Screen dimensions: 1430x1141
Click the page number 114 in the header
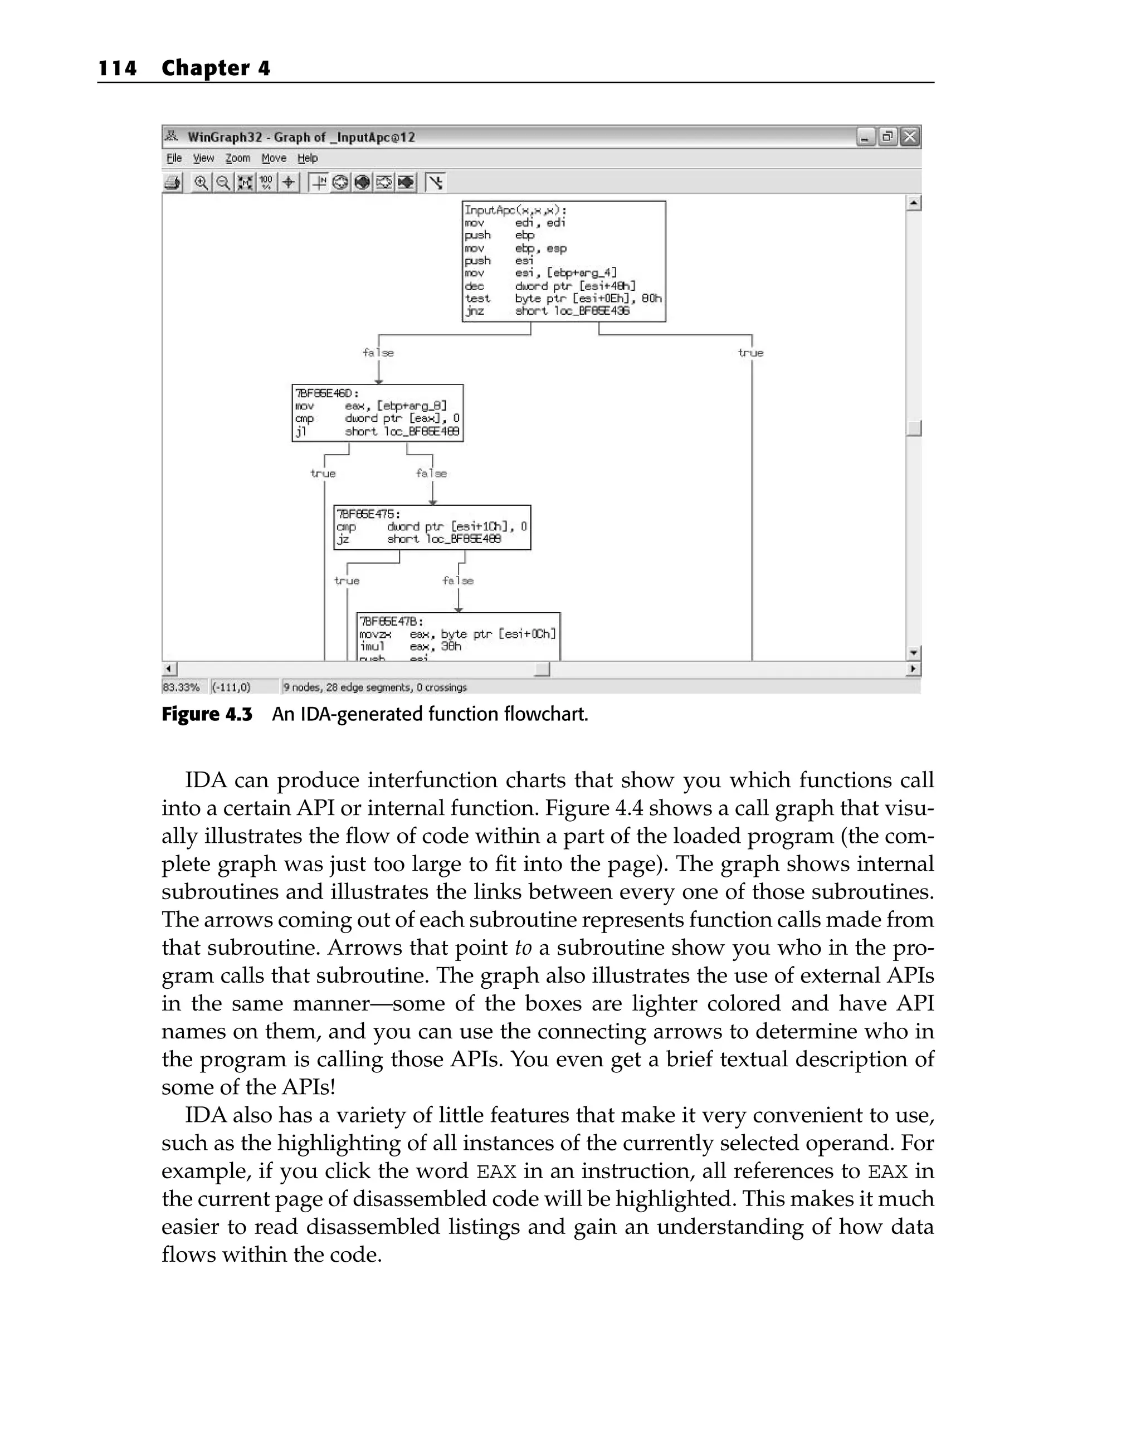click(118, 69)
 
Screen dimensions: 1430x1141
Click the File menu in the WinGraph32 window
click(174, 158)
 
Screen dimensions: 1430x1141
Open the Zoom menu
click(237, 158)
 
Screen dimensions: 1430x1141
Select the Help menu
click(307, 158)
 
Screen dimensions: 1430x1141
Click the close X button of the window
click(909, 136)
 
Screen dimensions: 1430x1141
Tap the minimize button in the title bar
click(865, 136)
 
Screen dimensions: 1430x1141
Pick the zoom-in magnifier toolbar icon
click(201, 182)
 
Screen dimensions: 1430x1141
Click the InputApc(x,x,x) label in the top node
click(515, 210)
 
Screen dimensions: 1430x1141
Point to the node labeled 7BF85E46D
click(326, 393)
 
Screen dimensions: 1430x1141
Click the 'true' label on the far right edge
click(750, 353)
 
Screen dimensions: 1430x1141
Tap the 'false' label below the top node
click(378, 353)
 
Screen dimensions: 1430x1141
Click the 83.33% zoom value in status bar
click(181, 687)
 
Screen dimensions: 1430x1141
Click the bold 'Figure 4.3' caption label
click(207, 714)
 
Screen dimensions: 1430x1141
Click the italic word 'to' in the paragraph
click(523, 948)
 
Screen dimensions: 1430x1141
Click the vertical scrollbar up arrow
click(914, 203)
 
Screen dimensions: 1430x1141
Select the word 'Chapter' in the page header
click(206, 69)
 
